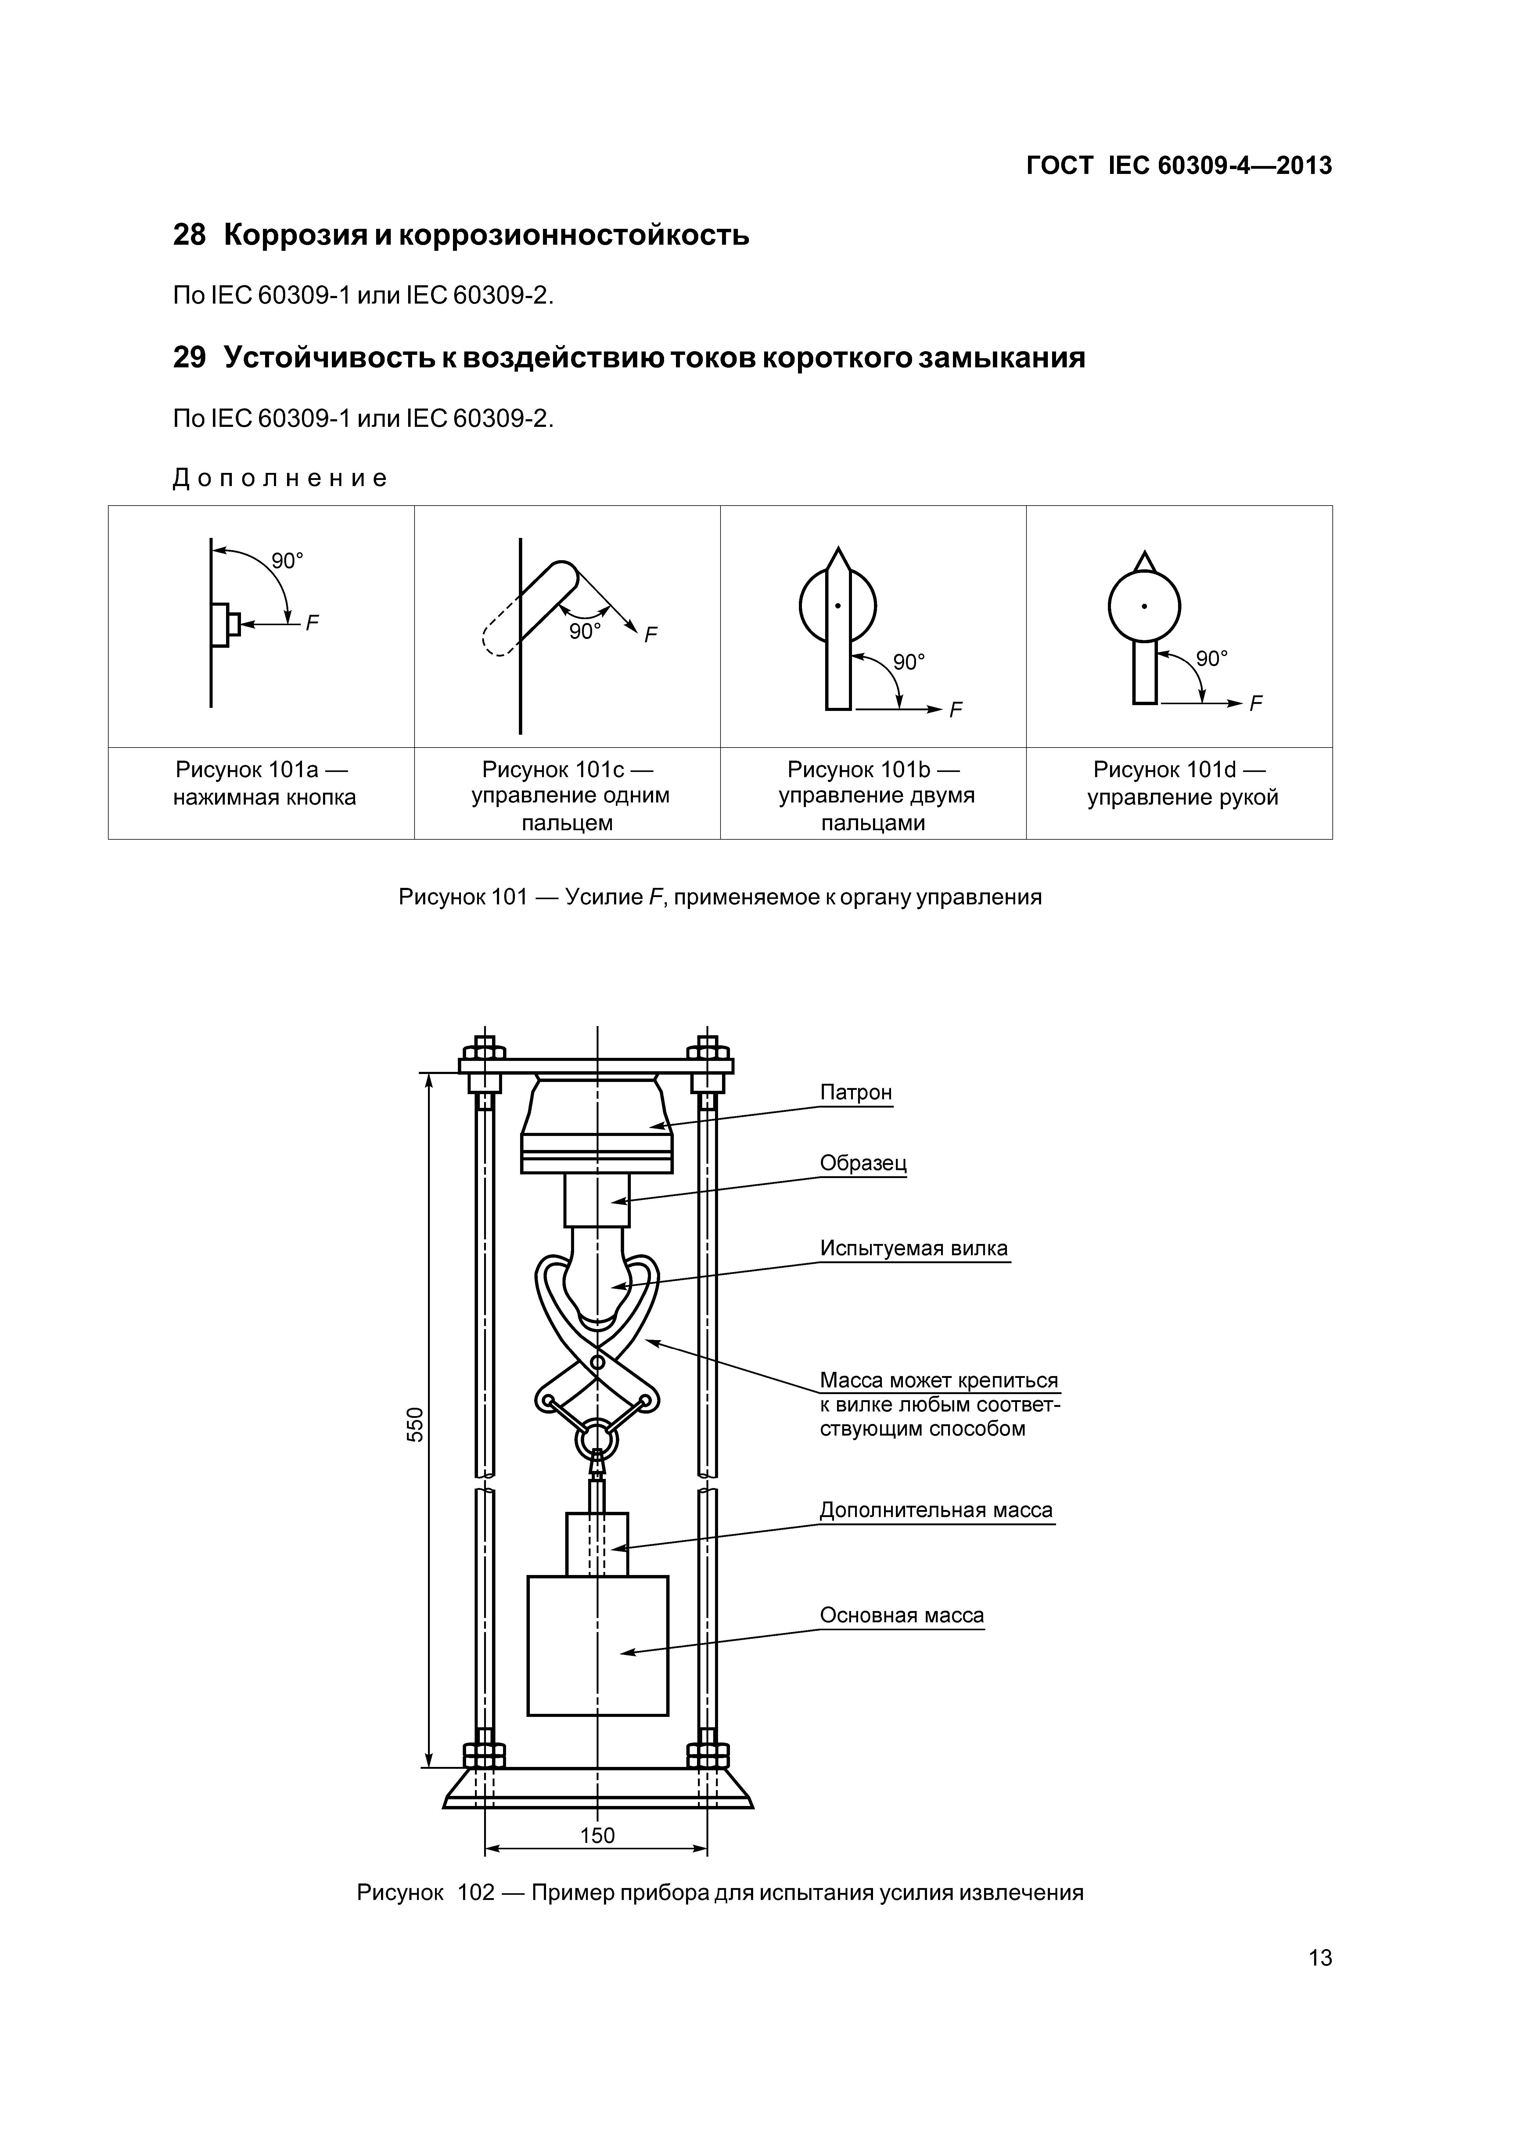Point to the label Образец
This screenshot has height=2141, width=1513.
point(862,1163)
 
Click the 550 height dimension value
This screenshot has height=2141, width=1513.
point(416,1425)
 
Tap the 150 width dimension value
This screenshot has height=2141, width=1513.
point(598,1835)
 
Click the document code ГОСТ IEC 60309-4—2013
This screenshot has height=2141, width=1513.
point(1178,166)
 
